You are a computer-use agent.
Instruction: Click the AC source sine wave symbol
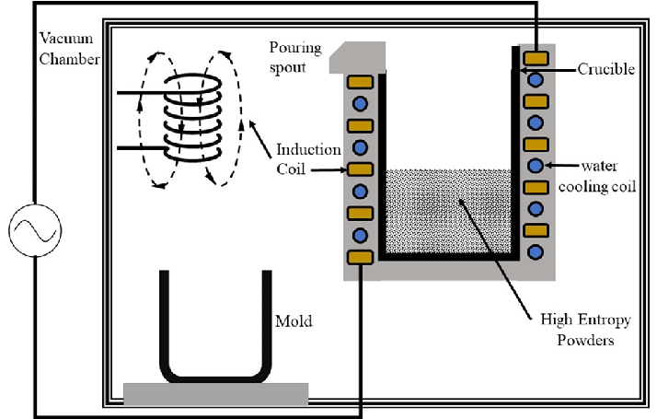pyautogui.click(x=35, y=230)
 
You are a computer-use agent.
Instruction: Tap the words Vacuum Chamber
pyautogui.click(x=69, y=49)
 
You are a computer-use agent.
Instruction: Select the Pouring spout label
pyautogui.click(x=295, y=57)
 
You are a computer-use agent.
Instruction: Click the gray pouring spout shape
pyautogui.click(x=357, y=57)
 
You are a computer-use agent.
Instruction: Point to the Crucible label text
pyautogui.click(x=605, y=69)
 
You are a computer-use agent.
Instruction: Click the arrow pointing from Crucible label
pyautogui.click(x=548, y=70)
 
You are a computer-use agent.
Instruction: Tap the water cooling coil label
pyautogui.click(x=597, y=176)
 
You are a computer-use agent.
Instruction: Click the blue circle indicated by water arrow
pyautogui.click(x=535, y=166)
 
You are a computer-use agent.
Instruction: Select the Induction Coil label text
pyautogui.click(x=308, y=159)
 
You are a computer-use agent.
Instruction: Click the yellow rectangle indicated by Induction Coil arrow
pyautogui.click(x=360, y=169)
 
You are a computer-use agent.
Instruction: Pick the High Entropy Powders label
pyautogui.click(x=585, y=330)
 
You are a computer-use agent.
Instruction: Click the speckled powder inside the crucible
pyautogui.click(x=448, y=212)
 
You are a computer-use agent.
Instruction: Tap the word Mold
pyautogui.click(x=294, y=321)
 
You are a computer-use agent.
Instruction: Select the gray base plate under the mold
pyautogui.click(x=216, y=394)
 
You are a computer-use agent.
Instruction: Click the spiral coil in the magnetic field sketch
pyautogui.click(x=192, y=118)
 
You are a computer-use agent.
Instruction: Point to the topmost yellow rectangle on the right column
pyautogui.click(x=536, y=58)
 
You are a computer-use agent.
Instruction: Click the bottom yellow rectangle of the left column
pyautogui.click(x=360, y=257)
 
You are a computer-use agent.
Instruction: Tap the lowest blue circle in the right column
pyautogui.click(x=535, y=252)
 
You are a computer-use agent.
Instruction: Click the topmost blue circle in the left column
pyautogui.click(x=360, y=103)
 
